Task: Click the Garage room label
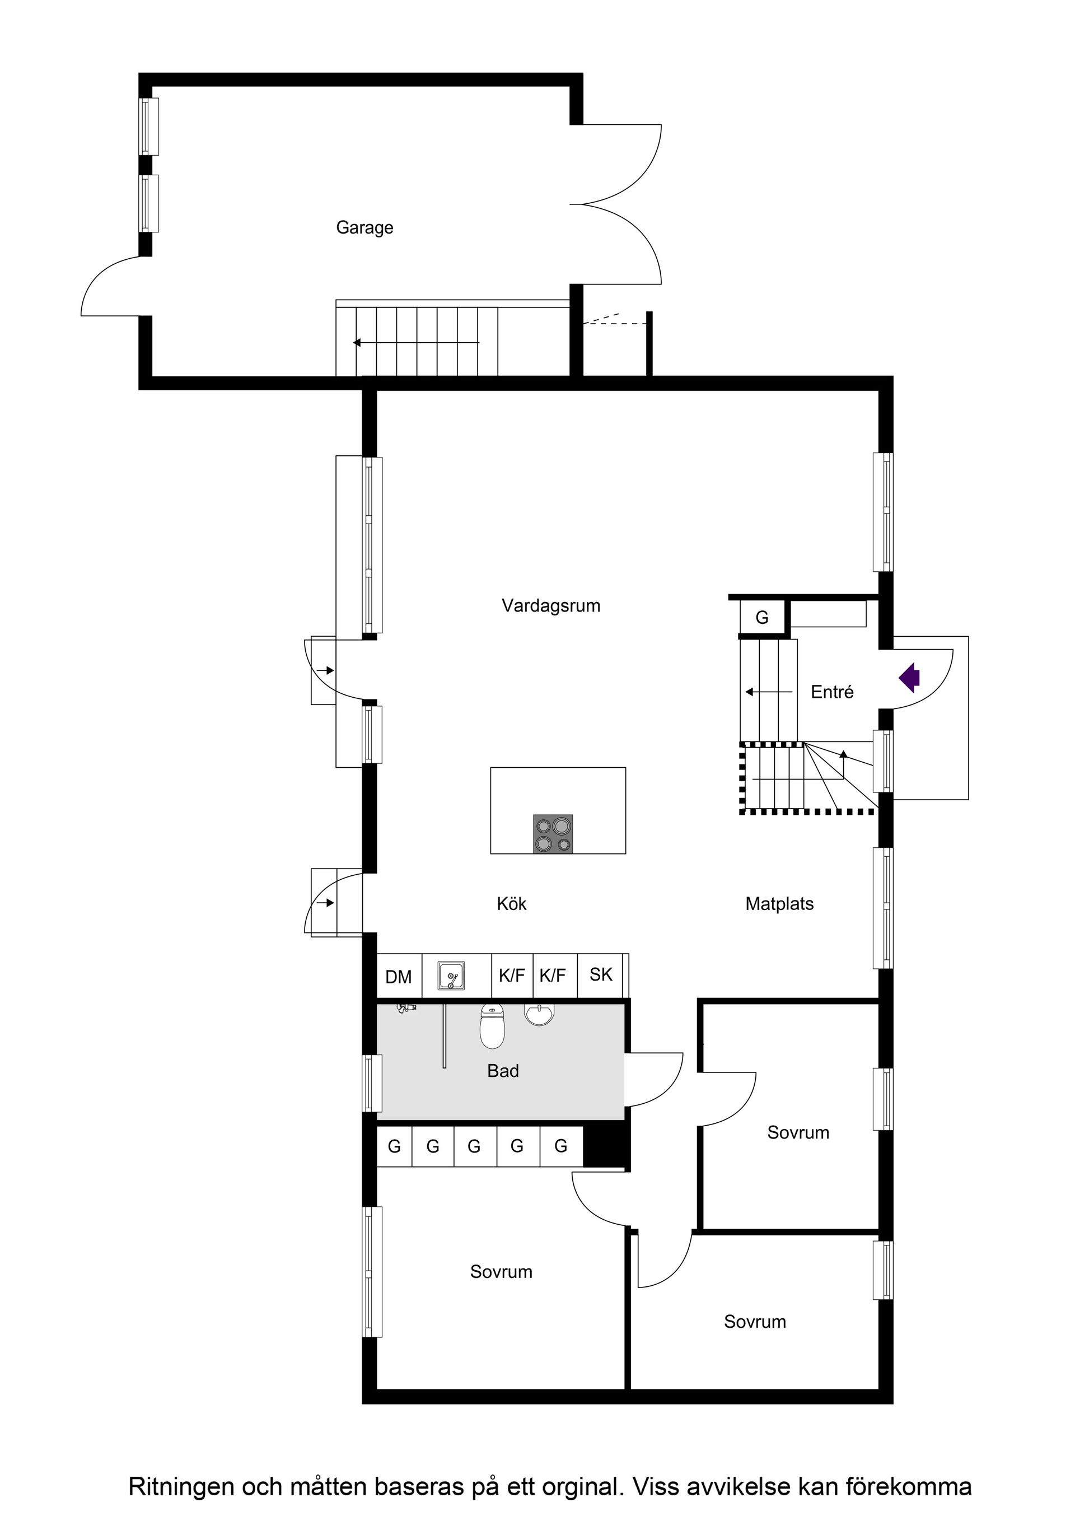point(364,227)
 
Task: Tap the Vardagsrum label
point(550,605)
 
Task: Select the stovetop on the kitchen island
point(553,833)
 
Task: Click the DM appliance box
point(399,977)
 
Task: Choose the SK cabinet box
point(601,974)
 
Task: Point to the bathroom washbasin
point(540,1014)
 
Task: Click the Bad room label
point(503,1071)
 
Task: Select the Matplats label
point(779,904)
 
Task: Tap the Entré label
point(832,692)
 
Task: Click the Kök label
point(511,904)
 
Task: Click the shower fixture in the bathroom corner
point(405,1008)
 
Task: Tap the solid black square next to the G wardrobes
point(605,1145)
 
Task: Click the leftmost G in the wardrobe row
point(394,1146)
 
